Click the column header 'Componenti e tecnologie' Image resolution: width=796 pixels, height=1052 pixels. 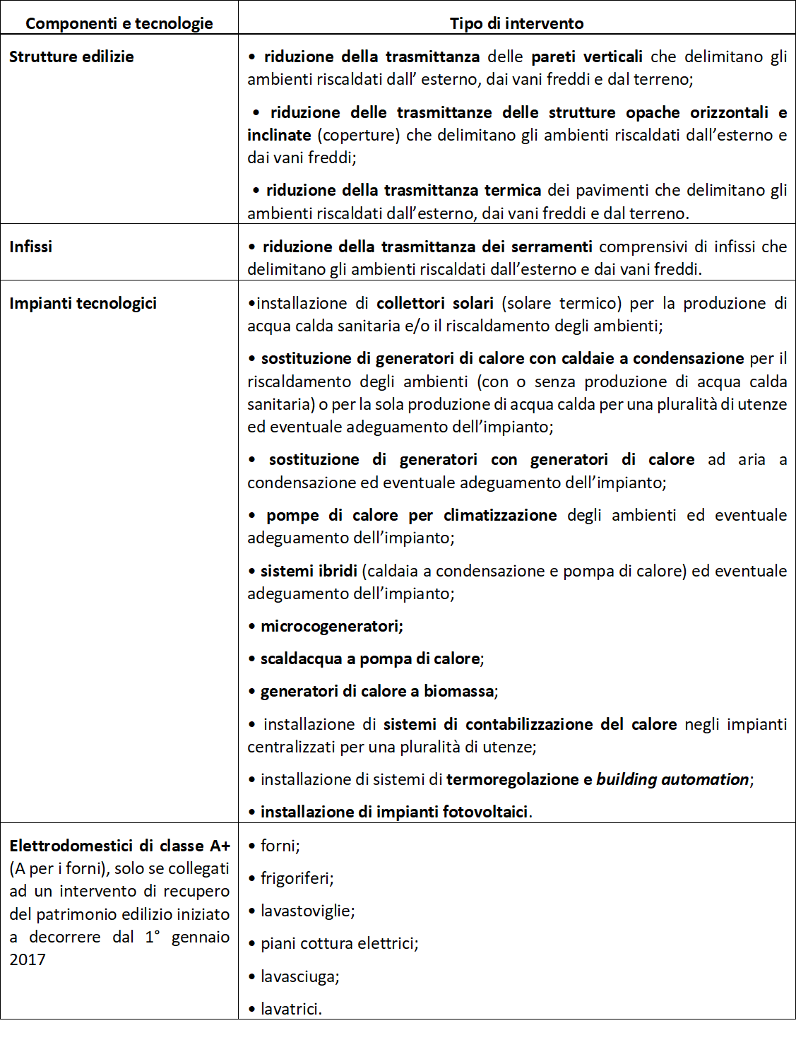click(119, 23)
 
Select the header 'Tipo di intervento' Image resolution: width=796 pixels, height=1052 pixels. click(516, 23)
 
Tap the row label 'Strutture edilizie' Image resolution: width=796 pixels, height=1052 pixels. click(71, 57)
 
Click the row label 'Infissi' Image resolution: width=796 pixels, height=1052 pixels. click(30, 247)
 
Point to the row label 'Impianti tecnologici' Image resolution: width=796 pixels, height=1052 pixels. click(83, 303)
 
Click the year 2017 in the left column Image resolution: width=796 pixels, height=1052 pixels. click(28, 959)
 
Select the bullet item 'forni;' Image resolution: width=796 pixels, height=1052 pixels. click(280, 846)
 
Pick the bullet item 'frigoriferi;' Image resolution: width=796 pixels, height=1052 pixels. click(297, 878)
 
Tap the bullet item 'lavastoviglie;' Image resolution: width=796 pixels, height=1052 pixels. click(307, 911)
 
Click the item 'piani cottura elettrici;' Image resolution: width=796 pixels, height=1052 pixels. click(339, 943)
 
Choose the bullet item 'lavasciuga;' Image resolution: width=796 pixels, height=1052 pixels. click(299, 976)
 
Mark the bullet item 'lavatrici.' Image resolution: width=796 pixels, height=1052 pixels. click(291, 1009)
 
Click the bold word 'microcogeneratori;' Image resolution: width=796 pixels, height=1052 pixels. click(331, 626)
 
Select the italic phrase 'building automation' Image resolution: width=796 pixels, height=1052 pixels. click(672, 779)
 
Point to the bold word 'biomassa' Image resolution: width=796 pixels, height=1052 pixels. click(458, 691)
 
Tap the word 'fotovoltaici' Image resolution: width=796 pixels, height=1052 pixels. click(485, 812)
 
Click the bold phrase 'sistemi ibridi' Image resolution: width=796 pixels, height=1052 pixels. click(309, 571)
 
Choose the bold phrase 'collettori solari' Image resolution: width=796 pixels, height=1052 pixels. click(434, 303)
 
